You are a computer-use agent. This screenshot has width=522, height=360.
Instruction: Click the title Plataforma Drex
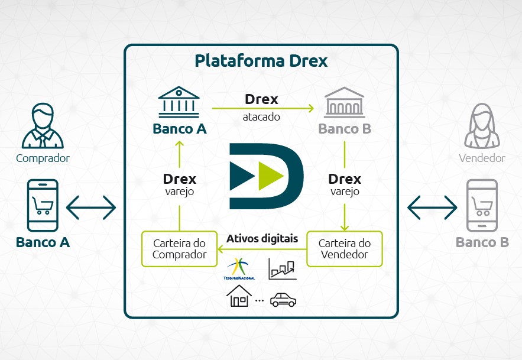coord(261,61)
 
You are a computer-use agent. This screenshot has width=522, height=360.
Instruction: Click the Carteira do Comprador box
coord(179,249)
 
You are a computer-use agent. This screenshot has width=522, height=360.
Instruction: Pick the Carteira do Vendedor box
coord(344,249)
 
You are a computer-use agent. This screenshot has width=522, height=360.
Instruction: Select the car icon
coord(283,300)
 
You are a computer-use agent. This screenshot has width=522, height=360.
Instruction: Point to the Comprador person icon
coord(43,127)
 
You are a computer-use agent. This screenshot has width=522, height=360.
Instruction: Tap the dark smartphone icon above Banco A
coord(43,205)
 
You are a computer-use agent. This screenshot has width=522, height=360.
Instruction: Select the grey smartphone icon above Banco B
coord(482,205)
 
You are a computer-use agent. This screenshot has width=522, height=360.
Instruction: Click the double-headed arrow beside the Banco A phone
coord(91,207)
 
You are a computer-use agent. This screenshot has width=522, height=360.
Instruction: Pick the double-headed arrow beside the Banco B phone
coord(432,207)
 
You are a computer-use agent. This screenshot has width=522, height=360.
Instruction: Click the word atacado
coord(261,116)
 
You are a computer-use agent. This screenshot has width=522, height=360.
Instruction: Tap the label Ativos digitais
coord(262,239)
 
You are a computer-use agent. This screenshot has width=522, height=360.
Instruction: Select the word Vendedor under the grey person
coord(482,158)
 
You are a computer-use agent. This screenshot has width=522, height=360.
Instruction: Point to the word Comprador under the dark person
coord(43,158)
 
